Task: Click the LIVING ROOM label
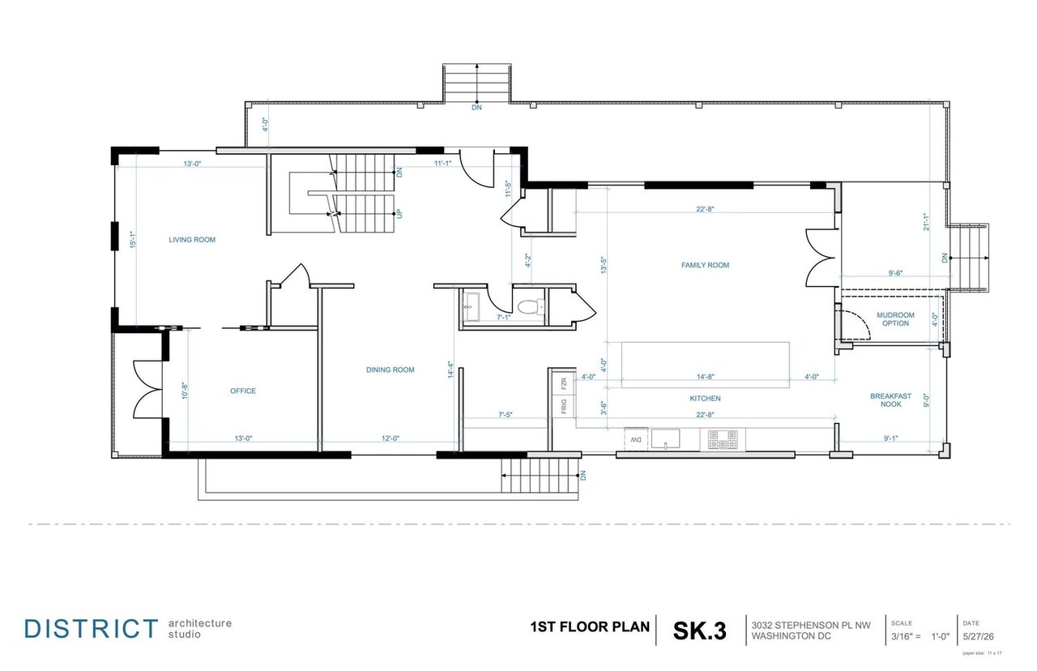192,240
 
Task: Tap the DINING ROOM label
390,370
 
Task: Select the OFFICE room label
243,391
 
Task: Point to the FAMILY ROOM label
705,265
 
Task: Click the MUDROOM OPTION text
895,319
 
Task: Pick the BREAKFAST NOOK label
890,400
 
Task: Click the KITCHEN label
705,399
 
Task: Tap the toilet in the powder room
531,306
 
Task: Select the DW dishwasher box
636,439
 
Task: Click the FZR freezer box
564,383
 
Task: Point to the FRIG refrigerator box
564,406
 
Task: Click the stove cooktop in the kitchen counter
723,439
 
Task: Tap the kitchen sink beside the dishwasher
665,438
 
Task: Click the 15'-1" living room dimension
134,240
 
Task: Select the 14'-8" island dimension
705,377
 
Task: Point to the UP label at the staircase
399,214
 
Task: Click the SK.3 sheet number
699,630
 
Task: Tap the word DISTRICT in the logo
92,629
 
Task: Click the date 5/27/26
978,637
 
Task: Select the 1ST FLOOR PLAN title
590,627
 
